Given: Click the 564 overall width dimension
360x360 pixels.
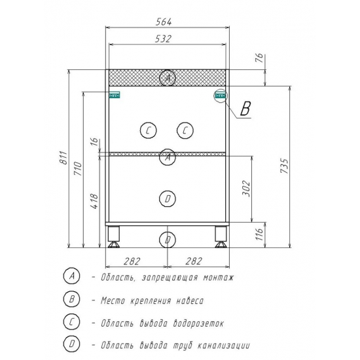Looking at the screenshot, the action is tap(164, 22).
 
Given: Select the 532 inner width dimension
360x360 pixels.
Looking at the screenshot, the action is tap(163, 39).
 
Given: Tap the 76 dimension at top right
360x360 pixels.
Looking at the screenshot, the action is tap(259, 58).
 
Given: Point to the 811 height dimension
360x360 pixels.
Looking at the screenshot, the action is tap(63, 158).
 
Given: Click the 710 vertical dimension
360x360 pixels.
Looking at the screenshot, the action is tap(78, 169).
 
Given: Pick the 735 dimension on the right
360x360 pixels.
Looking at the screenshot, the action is tap(284, 166).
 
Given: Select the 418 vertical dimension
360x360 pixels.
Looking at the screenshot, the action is tap(95, 202).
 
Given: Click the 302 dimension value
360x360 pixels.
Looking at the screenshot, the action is tap(246, 189).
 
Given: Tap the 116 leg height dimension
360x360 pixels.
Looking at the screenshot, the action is tap(259, 234).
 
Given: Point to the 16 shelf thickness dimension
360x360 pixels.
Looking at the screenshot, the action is tap(94, 141).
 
